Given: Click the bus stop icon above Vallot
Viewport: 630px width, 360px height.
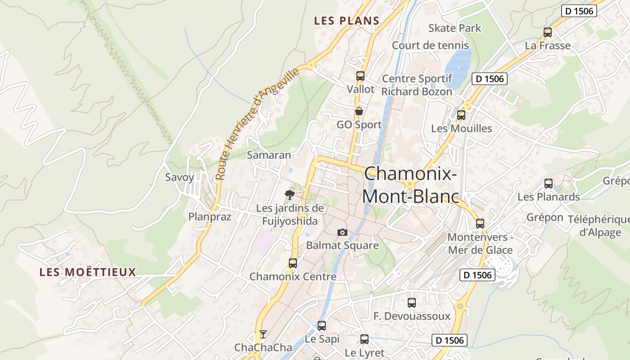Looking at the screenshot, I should point(360,76).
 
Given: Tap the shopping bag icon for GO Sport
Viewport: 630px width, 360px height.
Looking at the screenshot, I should point(359,111).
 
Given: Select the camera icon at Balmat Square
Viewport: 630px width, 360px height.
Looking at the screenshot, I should point(342,232).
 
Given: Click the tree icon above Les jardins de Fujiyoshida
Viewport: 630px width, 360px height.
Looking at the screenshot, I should point(290,194).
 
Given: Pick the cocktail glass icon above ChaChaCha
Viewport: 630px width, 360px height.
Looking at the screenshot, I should point(263,334).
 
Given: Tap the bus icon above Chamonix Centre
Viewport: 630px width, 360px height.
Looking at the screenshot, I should point(293,263).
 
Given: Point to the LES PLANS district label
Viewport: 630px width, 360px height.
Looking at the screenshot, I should point(346,21).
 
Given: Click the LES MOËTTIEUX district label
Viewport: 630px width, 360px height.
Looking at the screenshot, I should point(87,272).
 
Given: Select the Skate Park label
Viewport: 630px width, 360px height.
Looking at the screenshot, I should point(454,28).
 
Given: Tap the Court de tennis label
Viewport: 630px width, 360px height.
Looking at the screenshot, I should point(430,45).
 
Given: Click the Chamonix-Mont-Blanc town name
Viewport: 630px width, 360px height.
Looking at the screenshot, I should point(410,185).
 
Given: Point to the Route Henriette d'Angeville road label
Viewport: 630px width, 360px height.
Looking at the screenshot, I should point(258,125).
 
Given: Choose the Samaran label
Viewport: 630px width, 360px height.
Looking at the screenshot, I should point(269,155).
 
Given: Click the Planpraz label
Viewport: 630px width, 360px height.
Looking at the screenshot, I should point(210,216).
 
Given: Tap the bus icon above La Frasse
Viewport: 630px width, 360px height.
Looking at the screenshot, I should point(548,32).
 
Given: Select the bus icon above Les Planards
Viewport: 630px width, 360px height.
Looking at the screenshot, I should point(549,183).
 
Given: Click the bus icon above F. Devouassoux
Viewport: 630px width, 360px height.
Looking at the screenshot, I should point(412,303).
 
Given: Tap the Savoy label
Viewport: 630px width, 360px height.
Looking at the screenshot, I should point(180,177).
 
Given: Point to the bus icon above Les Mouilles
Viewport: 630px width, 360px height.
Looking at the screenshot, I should point(461,115).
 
